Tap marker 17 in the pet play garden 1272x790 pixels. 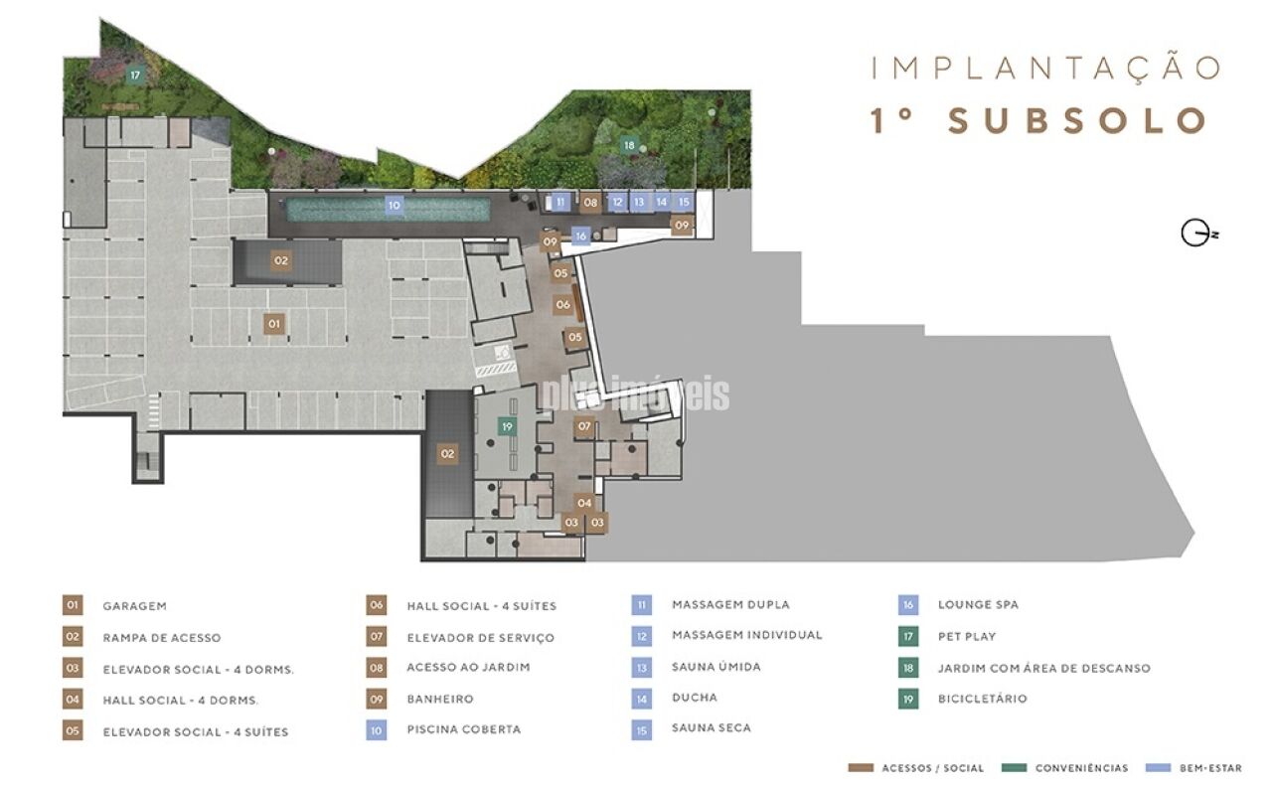click(135, 75)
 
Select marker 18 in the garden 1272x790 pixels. click(629, 145)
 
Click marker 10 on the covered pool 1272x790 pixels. click(395, 206)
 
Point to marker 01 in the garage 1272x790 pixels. click(273, 324)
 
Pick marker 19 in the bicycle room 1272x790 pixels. click(507, 426)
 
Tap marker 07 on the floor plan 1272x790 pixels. click(584, 426)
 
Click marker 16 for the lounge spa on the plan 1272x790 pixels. click(580, 236)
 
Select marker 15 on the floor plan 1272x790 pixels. click(684, 202)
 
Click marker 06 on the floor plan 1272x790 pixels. click(562, 305)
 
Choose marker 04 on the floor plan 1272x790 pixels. click(584, 503)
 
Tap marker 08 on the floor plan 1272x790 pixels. click(590, 202)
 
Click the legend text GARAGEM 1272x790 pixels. click(134, 606)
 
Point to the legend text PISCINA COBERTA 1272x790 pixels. click(464, 729)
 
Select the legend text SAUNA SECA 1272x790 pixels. click(712, 728)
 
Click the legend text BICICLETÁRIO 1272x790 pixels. click(983, 699)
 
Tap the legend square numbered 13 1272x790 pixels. click(641, 668)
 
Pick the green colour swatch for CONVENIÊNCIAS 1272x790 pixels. click(1015, 768)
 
